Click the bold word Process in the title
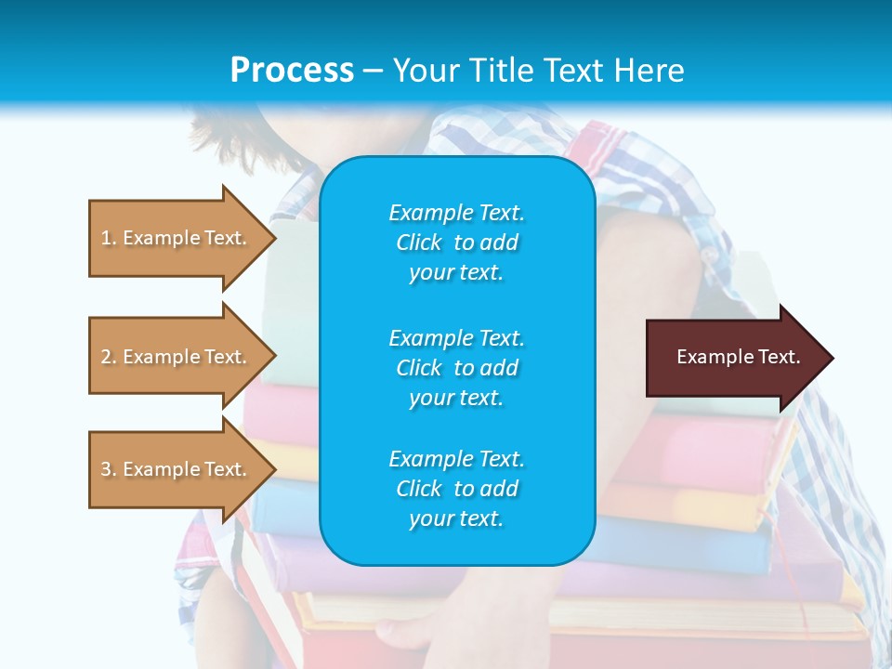click(x=292, y=71)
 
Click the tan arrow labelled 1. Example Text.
click(x=177, y=238)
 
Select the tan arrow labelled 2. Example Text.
click(x=177, y=357)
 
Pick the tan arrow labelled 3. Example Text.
click(x=177, y=469)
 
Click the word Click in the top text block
click(x=418, y=243)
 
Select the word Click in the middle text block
click(x=418, y=368)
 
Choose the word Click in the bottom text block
click(x=418, y=489)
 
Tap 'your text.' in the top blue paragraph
click(x=455, y=273)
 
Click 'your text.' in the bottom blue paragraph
click(x=455, y=519)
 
